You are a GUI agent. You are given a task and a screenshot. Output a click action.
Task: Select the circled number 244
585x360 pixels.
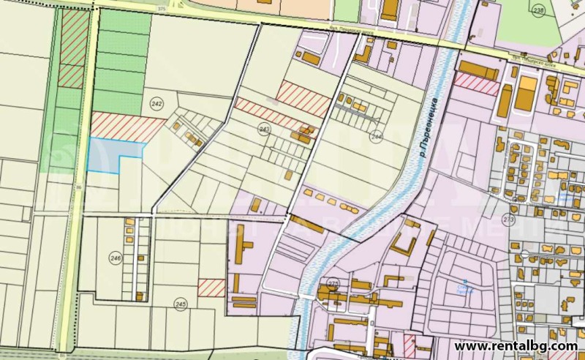(377, 136)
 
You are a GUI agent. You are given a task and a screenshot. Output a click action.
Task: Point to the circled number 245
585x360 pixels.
(181, 303)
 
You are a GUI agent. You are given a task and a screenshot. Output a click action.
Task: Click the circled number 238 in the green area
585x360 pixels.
(539, 11)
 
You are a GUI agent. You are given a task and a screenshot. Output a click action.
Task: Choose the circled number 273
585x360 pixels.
(509, 218)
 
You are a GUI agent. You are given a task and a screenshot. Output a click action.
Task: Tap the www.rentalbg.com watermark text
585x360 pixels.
(516, 345)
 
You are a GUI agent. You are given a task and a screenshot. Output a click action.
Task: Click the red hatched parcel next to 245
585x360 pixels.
(211, 288)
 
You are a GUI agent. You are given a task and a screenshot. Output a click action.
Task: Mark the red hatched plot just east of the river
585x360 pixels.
(476, 83)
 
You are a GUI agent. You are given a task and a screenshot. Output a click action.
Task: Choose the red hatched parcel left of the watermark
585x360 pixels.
(409, 345)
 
